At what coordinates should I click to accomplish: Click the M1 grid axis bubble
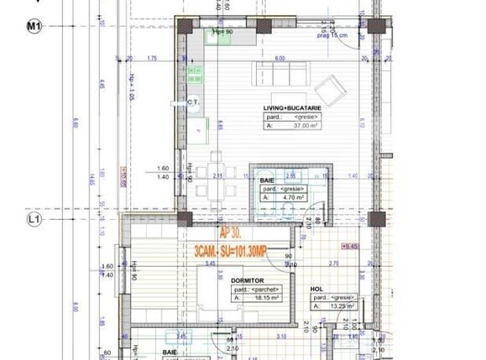[34, 27]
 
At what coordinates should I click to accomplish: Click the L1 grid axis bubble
[34, 220]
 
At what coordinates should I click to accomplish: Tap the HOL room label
[316, 289]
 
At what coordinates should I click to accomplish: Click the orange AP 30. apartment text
[234, 236]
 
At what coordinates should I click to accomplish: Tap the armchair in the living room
[327, 86]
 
